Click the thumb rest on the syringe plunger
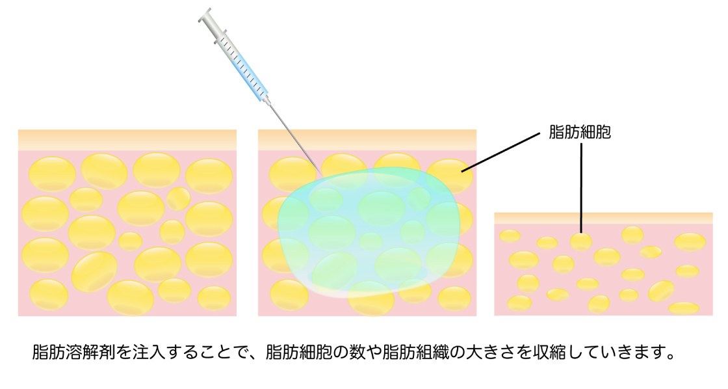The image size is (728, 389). coord(205,15)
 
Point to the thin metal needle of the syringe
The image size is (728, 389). coord(294,138)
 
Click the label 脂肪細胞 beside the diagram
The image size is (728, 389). coord(579,132)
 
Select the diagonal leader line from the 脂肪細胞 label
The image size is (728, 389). coord(500,152)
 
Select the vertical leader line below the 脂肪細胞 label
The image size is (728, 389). coord(581,188)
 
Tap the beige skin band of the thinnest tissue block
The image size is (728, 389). coord(603,218)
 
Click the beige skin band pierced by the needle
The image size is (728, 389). coord(367,140)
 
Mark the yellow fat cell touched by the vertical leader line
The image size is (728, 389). coord(581,242)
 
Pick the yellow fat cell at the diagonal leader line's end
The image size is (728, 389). coord(449,176)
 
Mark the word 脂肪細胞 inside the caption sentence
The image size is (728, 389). coord(299,352)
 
